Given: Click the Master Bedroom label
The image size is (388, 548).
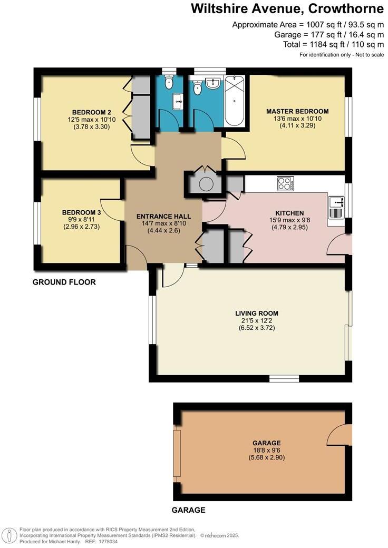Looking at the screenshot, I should tap(297, 111).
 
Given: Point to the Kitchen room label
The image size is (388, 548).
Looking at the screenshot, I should tap(285, 213).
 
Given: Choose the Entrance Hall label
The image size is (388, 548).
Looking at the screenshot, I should tap(163, 217).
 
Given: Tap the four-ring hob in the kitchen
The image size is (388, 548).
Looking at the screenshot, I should tap(285, 184).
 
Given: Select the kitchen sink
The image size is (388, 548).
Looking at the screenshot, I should tap(336, 202).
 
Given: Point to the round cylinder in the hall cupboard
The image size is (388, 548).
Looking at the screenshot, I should tap(205, 184).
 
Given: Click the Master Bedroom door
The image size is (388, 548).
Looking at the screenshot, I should tap(233, 148).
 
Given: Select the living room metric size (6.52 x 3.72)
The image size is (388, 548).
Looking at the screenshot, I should tap(256, 328).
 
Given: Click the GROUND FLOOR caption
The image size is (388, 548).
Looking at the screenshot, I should tap(64, 282).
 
